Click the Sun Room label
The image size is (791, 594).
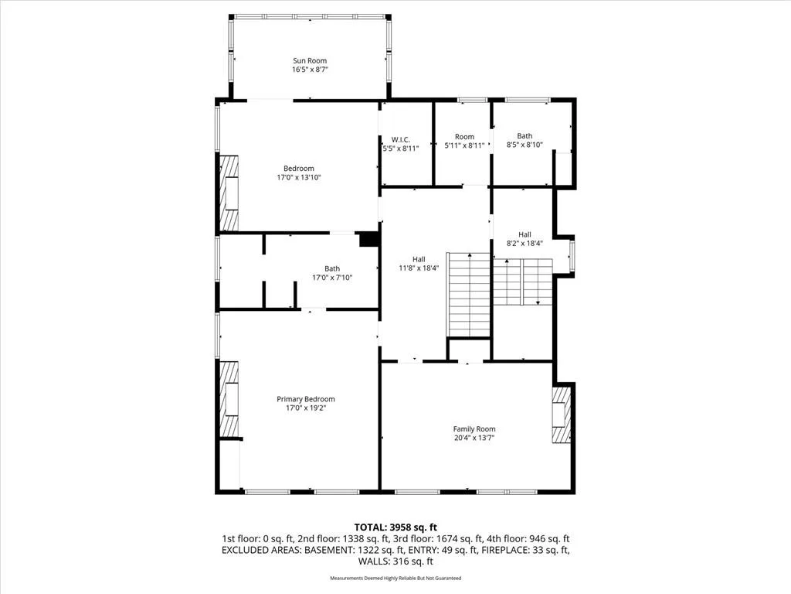coord(310,60)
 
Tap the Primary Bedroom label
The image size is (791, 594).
coord(306,399)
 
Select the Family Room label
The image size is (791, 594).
coord(474,428)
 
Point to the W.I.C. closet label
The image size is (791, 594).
coord(401,140)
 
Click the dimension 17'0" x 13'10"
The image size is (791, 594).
coord(299,177)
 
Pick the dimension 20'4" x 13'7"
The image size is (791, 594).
coord(474,438)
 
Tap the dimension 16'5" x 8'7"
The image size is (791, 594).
coord(310,70)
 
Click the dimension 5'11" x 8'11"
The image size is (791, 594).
coord(464,145)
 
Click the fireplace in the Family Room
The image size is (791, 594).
coord(561,415)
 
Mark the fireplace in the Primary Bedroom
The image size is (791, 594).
coord(229,399)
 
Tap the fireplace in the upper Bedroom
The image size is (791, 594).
coord(229,193)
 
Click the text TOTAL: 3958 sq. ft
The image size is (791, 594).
coord(395,527)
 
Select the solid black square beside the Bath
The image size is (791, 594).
coord(368,240)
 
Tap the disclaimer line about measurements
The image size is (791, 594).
coord(395,578)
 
